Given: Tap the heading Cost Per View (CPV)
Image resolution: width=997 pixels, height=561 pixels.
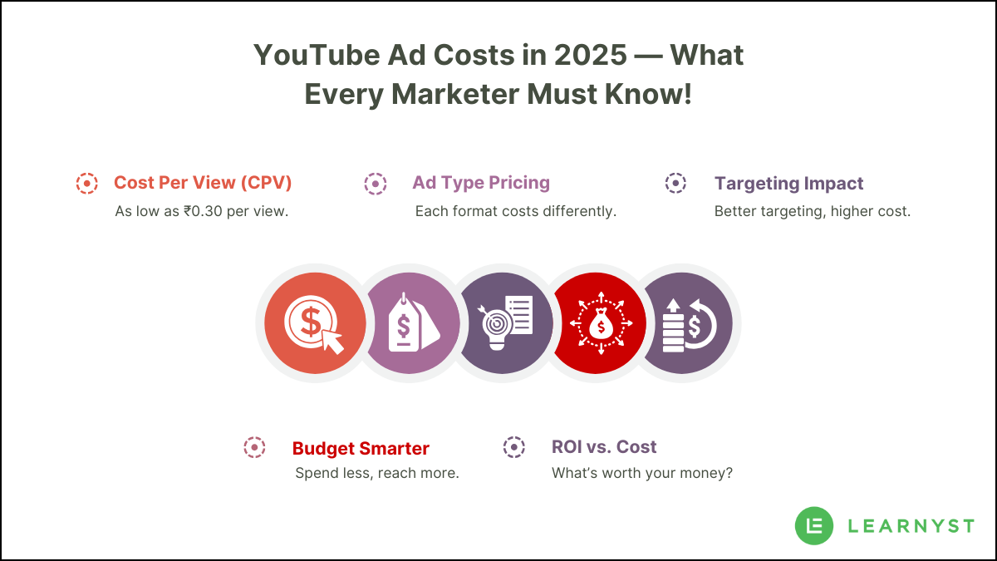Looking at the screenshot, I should [203, 183].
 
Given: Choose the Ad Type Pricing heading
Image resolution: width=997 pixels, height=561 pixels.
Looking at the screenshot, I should [481, 183].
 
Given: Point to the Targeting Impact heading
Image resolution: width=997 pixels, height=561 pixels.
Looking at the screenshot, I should [788, 184].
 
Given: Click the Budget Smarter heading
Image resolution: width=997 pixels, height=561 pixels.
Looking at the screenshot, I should [361, 449].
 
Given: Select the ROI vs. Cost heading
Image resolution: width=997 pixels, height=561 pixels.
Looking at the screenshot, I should [604, 447].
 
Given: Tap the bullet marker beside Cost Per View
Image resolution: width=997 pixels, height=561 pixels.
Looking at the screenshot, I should [86, 184].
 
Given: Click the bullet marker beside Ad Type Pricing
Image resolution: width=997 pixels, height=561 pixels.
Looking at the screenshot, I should [375, 184].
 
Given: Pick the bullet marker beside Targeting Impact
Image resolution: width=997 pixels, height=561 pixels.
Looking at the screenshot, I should [675, 184].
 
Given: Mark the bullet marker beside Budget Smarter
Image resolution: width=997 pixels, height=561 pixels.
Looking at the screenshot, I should [254, 447].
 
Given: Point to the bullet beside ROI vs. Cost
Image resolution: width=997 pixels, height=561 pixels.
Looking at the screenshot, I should [514, 447].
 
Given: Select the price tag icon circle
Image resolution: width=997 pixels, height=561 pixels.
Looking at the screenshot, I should [410, 323].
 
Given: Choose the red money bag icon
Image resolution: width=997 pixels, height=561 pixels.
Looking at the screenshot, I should [599, 323].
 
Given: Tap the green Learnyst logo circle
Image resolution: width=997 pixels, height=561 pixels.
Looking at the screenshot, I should [814, 525].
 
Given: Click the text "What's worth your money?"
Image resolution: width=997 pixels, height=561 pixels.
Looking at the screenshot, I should [641, 474].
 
